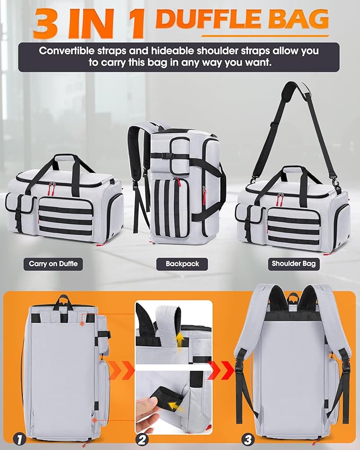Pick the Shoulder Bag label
[293, 263]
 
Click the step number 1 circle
[20, 438]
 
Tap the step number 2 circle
[142, 438]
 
